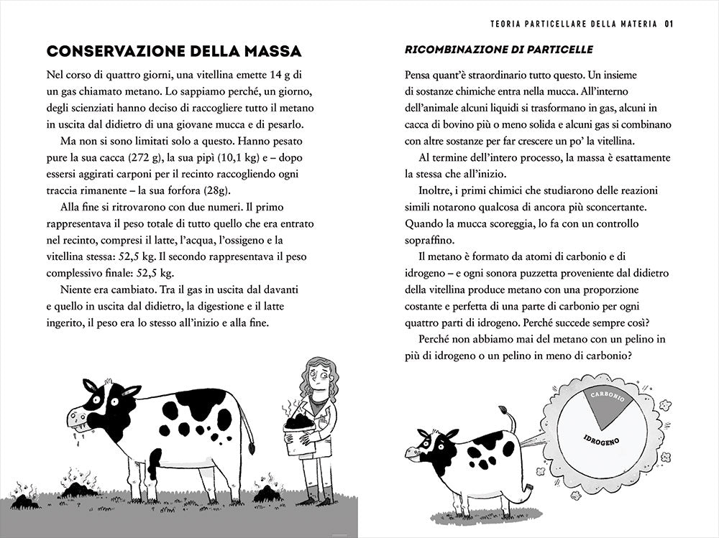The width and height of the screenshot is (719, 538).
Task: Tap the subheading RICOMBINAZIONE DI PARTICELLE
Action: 499,50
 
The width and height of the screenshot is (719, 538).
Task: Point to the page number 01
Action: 668,23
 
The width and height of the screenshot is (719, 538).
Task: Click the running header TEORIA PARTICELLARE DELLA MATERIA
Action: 574,23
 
